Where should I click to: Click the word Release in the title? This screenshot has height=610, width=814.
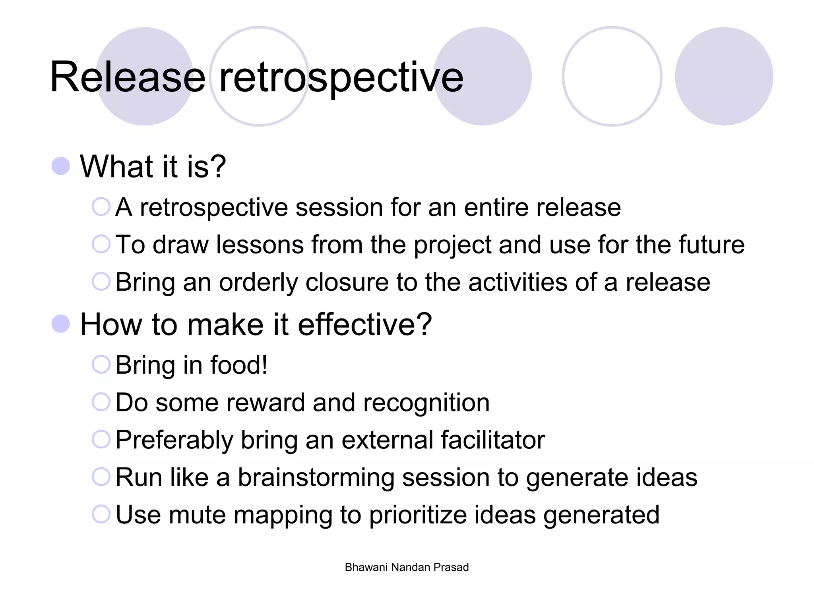(127, 77)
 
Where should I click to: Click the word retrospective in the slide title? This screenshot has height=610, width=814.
(341, 77)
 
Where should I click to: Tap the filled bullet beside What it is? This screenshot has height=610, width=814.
(61, 166)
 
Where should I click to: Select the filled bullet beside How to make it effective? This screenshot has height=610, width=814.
(61, 324)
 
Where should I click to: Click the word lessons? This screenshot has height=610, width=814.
(260, 245)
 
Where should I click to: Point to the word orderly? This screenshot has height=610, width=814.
(258, 283)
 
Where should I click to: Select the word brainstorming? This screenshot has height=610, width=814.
(316, 477)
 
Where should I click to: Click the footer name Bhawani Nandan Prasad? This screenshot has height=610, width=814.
(407, 567)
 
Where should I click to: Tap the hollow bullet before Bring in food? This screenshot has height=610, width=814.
(101, 364)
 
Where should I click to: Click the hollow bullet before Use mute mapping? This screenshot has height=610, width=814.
(101, 514)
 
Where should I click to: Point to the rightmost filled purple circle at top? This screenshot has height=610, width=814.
(724, 76)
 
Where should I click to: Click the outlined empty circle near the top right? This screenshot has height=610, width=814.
(612, 76)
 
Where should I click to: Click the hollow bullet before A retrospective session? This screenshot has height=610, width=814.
(101, 207)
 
